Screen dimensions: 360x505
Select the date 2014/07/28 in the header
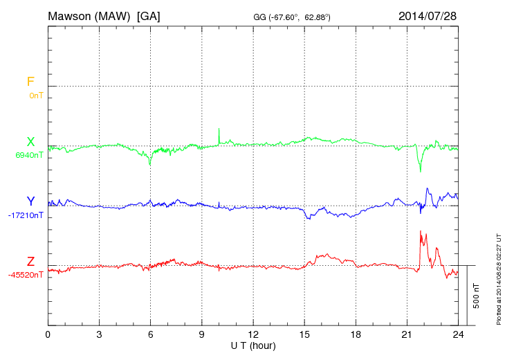pyautogui.click(x=427, y=15)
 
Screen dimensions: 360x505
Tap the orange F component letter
pyautogui.click(x=30, y=82)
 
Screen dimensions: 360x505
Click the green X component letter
pyautogui.click(x=30, y=142)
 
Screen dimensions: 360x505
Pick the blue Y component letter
pyautogui.click(x=30, y=201)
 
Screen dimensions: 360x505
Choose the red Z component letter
pyautogui.click(x=30, y=262)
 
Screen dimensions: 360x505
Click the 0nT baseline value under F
pyautogui.click(x=35, y=96)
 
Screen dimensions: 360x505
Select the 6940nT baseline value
pyautogui.click(x=29, y=156)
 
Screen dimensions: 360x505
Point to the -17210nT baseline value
pyautogui.click(x=26, y=215)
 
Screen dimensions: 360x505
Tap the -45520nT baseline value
pyautogui.click(x=26, y=275)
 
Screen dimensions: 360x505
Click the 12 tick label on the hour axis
pyautogui.click(x=253, y=334)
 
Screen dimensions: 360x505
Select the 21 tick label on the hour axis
pyautogui.click(x=407, y=334)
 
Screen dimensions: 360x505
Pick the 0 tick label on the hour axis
pyautogui.click(x=48, y=334)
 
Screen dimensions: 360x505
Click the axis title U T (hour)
pyautogui.click(x=253, y=345)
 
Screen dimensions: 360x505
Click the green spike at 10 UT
pyautogui.click(x=219, y=129)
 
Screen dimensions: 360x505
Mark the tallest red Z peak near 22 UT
pyautogui.click(x=421, y=231)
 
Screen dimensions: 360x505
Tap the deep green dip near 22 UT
pyautogui.click(x=420, y=170)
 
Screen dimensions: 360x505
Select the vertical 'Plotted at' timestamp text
pyautogui.click(x=499, y=278)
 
